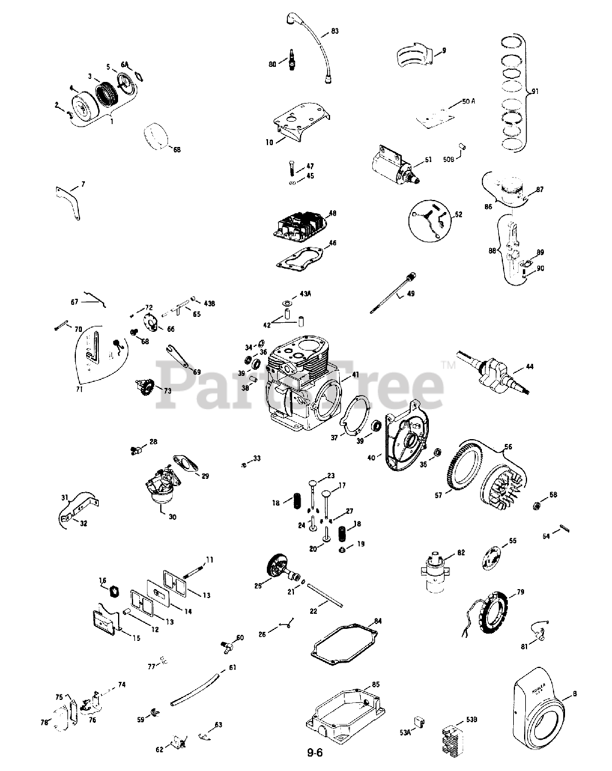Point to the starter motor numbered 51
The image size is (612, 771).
click(x=393, y=161)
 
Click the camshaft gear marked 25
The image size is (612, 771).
click(x=277, y=567)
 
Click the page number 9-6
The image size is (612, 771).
click(x=315, y=752)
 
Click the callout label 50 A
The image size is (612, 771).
click(x=468, y=102)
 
